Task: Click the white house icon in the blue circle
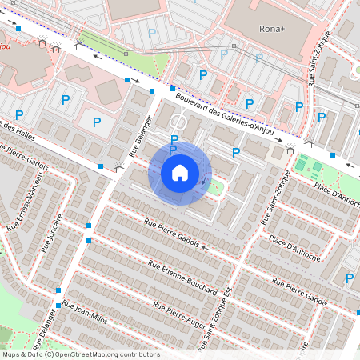click(180, 173)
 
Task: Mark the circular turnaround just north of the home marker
click(178, 123)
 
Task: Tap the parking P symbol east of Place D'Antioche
click(349, 278)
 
